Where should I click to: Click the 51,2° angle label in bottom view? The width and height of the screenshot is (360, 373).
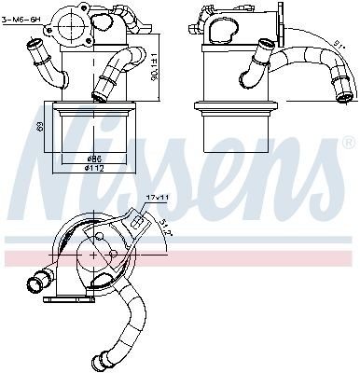point(165,224)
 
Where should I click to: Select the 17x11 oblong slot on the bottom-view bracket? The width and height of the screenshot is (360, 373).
point(139,222)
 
